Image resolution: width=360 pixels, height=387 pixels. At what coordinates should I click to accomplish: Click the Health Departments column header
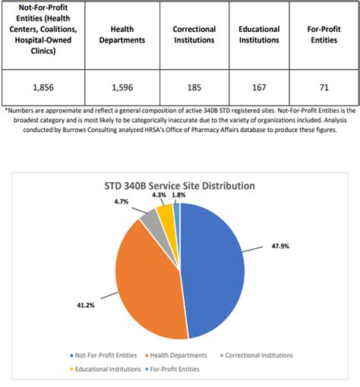[x=122, y=35]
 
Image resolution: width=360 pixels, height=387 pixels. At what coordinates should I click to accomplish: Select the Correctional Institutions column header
[x=194, y=35]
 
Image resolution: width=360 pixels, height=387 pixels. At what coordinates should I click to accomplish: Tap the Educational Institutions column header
[x=259, y=35]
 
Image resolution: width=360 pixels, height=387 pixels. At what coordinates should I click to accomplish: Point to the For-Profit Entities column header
[x=324, y=35]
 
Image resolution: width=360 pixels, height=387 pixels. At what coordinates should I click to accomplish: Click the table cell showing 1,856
[x=43, y=87]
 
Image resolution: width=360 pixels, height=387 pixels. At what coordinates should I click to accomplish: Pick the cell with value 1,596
[x=122, y=87]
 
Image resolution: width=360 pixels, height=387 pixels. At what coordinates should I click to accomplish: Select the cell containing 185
[x=194, y=87]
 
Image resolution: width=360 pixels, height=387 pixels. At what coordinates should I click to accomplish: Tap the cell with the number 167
[x=259, y=87]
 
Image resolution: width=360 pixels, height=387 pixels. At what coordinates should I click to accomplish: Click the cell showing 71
[x=324, y=87]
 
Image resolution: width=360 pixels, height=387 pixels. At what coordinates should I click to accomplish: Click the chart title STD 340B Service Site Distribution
[x=180, y=186]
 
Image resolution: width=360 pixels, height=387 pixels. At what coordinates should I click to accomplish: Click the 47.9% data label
[x=280, y=246]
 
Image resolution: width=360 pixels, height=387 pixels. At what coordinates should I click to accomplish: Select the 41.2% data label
[x=86, y=305]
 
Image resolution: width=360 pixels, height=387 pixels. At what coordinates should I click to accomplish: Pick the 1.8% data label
[x=178, y=195]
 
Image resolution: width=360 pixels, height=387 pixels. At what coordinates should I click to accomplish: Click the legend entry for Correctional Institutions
[x=257, y=355]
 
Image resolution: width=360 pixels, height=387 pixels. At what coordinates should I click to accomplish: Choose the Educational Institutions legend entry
[x=106, y=369]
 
